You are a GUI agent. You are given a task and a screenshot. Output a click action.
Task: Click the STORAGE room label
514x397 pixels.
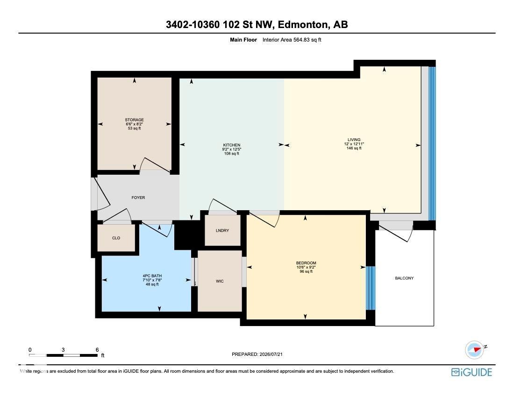(x=135, y=120)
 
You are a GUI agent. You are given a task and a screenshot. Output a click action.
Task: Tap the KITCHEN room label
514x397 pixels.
(x=232, y=145)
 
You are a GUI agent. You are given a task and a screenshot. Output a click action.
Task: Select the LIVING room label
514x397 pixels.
(x=354, y=140)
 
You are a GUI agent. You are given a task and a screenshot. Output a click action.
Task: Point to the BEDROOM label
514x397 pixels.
(x=306, y=263)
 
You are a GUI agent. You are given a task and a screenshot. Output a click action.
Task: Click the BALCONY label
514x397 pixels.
(x=404, y=278)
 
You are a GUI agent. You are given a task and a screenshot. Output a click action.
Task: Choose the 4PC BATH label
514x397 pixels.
(x=152, y=276)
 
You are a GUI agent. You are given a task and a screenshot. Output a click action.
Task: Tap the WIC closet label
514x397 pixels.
(x=220, y=281)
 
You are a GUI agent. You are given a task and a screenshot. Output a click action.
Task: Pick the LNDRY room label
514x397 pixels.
(x=222, y=231)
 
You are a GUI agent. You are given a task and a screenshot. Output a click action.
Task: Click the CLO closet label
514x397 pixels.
(x=116, y=238)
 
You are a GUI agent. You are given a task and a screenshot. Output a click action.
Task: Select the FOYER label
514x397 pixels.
(x=138, y=198)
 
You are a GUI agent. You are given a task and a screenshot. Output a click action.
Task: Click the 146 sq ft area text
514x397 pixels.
(x=354, y=148)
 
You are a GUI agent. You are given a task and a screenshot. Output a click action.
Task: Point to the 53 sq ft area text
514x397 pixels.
(x=135, y=128)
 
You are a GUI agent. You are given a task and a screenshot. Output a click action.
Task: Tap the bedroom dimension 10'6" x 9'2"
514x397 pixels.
(x=306, y=267)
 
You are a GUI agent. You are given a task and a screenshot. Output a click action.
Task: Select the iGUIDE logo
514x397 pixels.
(x=472, y=372)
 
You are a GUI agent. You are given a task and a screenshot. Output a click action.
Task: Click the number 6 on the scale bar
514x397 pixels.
(x=97, y=350)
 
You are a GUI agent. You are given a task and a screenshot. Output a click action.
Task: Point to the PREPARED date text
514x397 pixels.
(x=257, y=354)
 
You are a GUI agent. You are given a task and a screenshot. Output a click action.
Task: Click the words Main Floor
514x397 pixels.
(x=243, y=40)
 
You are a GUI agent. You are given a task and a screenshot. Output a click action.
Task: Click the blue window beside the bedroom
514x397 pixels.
(x=371, y=288)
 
